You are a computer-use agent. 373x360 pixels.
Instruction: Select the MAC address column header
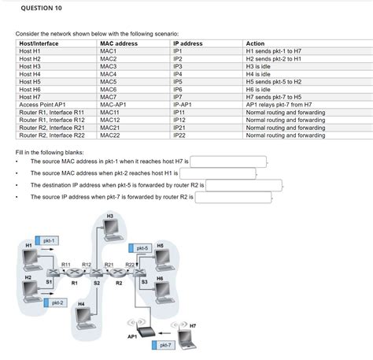click(x=119, y=43)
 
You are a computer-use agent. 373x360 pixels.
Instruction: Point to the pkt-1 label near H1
click(x=48, y=239)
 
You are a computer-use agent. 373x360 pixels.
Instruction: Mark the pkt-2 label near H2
click(x=57, y=302)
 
